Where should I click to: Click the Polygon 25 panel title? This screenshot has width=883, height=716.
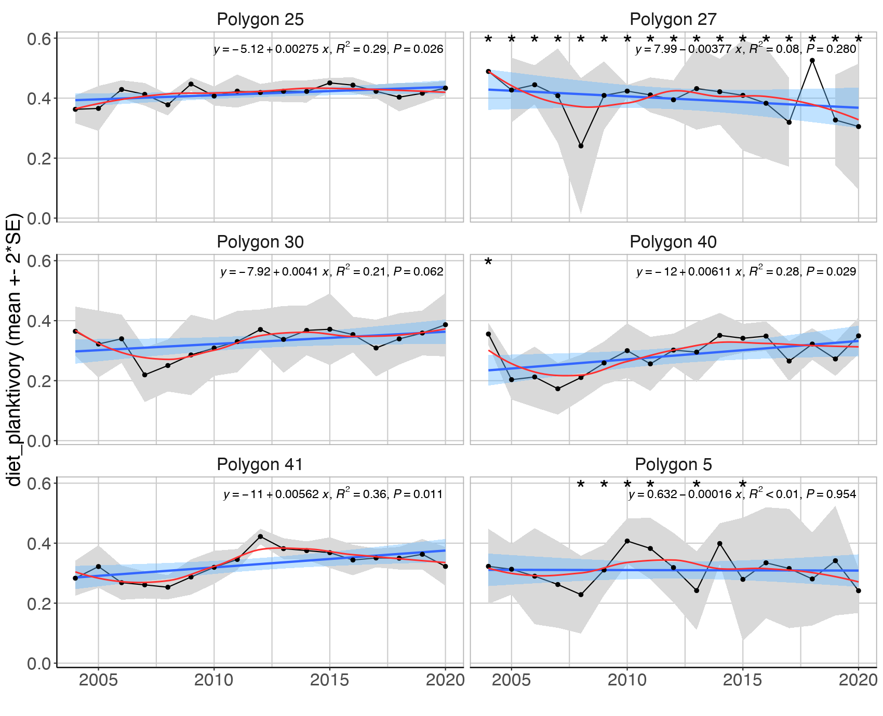[x=260, y=19]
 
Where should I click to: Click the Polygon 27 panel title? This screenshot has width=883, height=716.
[x=673, y=19]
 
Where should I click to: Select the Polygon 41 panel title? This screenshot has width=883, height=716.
[x=260, y=464]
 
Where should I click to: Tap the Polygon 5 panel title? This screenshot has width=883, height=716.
[x=673, y=464]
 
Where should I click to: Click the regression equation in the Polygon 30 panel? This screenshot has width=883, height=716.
[x=331, y=271]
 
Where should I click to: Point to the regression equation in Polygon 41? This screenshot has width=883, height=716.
[x=332, y=494]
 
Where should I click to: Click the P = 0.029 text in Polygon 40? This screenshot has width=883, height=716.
[x=831, y=271]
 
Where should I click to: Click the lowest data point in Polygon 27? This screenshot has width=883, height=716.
[x=581, y=146]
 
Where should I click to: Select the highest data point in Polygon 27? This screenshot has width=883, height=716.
[x=812, y=61]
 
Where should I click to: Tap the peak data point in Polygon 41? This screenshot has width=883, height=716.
[x=260, y=536]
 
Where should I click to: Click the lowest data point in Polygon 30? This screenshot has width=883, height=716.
[x=145, y=375]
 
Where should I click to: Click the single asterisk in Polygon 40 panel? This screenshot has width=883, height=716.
[x=488, y=263]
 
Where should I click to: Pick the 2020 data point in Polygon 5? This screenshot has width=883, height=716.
[x=859, y=591]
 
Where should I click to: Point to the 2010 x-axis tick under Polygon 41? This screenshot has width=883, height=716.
[x=213, y=680]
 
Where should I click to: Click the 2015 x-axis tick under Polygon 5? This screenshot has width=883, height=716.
[x=743, y=680]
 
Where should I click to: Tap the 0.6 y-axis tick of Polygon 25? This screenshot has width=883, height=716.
[x=39, y=39]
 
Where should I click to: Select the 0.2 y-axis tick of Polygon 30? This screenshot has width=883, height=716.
[x=39, y=381]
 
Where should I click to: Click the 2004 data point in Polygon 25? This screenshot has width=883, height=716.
[x=75, y=109]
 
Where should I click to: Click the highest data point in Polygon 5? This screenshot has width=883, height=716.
[x=627, y=541]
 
